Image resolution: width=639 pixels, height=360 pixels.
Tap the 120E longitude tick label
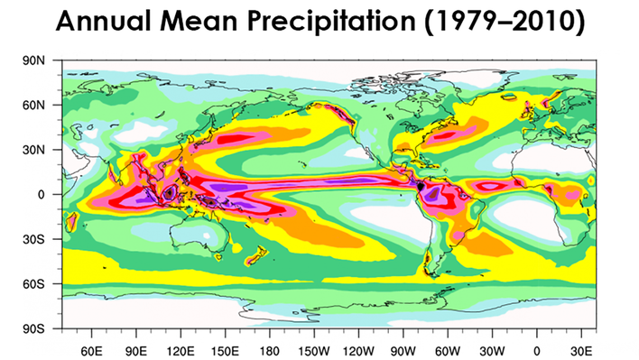click(181, 349)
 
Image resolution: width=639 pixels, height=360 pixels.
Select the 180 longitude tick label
click(269, 349)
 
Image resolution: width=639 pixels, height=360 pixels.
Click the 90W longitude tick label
click(403, 349)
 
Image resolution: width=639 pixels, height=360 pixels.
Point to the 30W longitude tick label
click(493, 349)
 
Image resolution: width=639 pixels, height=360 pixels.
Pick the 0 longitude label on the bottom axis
click(537, 349)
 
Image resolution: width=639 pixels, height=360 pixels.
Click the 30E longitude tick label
click(581, 349)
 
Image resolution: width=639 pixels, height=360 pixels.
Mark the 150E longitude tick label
click(225, 349)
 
